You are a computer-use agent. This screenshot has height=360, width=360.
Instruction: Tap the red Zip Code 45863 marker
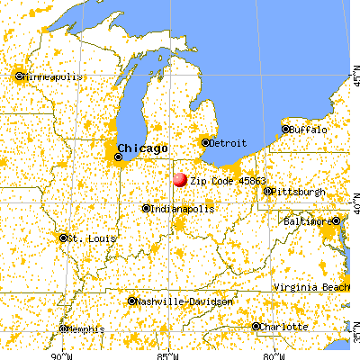point(179,179)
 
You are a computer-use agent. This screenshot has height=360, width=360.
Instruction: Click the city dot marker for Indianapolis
point(146,208)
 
